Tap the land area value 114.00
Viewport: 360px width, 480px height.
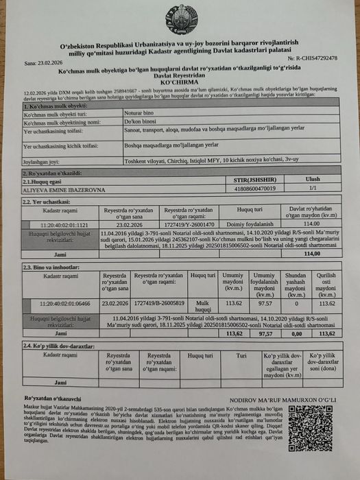[x=309, y=224]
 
